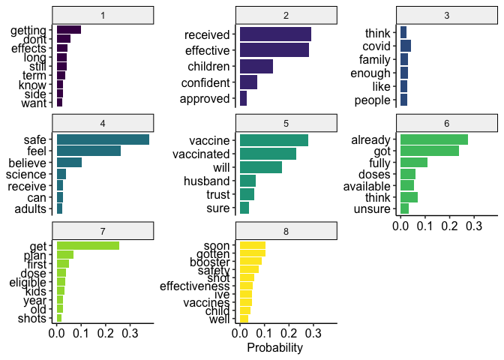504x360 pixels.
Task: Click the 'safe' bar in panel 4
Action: [x=103, y=139]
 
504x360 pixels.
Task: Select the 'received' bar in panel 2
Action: [x=275, y=34]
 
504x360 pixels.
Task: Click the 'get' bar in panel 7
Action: [x=88, y=245]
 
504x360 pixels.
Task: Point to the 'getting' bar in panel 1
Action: [x=69, y=30]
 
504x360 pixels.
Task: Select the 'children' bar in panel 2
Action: [x=256, y=66]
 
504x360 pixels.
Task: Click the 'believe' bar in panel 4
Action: [x=69, y=162]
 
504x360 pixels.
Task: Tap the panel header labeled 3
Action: [x=447, y=15]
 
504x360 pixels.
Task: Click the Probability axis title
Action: [x=274, y=348]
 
